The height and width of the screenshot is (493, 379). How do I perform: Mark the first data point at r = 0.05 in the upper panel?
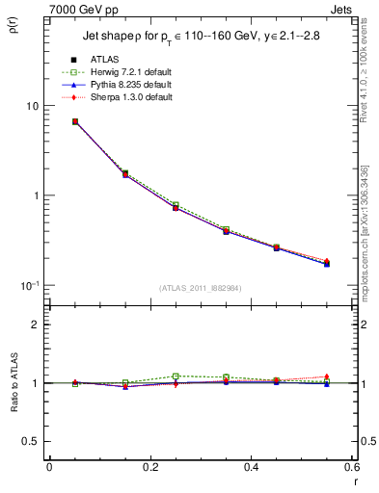tap(75, 122)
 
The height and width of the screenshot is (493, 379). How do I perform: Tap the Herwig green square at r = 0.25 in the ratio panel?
tap(176, 376)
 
